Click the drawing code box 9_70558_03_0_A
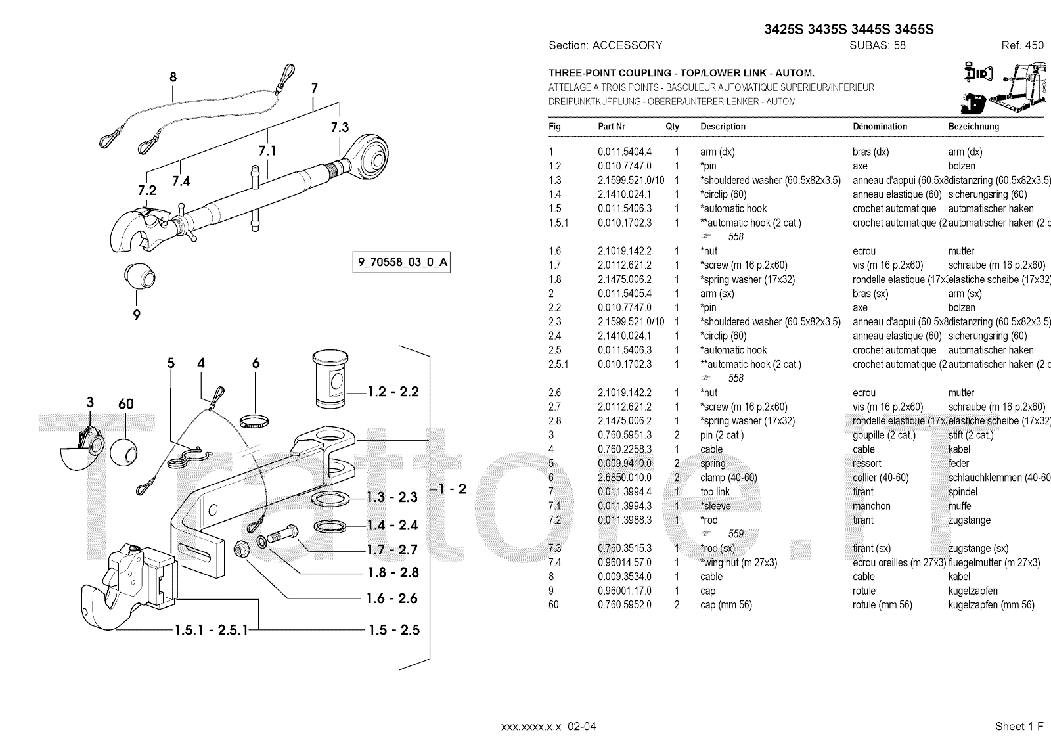coord(402,263)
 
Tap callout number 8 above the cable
coord(173,77)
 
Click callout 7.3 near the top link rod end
coord(340,127)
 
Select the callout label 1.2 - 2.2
coord(393,392)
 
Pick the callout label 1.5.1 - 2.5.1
coord(212,630)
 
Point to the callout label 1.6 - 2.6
coord(393,598)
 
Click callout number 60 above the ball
coord(125,403)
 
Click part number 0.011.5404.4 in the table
coord(624,152)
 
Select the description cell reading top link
coord(715,492)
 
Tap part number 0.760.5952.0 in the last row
coord(624,605)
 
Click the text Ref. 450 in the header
coord(1022,45)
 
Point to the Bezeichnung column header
coord(973,127)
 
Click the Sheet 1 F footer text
coord(1019,726)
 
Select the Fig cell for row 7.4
coord(555,563)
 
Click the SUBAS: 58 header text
coord(877,45)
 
